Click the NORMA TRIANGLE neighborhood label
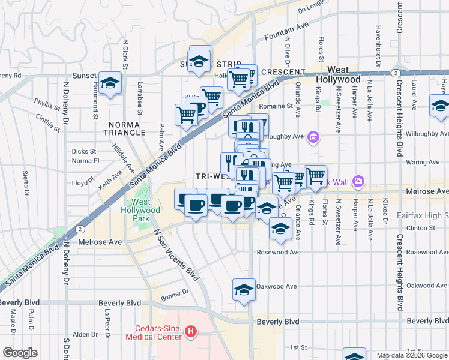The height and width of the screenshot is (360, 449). tap(125, 128)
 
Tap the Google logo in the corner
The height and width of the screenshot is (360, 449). tap(20, 353)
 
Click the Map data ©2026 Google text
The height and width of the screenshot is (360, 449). tap(411, 355)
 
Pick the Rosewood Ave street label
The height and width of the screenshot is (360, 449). tap(278, 252)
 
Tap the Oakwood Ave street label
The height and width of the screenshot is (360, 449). tap(276, 286)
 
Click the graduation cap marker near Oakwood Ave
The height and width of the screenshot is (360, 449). tap(244, 290)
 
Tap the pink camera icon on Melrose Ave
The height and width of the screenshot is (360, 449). tap(358, 181)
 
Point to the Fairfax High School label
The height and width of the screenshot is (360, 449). tap(423, 215)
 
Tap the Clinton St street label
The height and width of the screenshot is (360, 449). tap(419, 228)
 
